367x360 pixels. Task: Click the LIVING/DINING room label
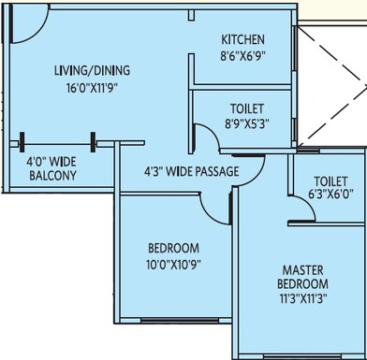[x=91, y=70]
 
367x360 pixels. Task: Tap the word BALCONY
[x=51, y=176]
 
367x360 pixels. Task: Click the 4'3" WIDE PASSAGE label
[x=191, y=171]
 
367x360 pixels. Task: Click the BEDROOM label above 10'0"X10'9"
[x=174, y=248]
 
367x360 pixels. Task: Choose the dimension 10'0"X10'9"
[x=174, y=264]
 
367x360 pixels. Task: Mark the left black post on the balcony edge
[x=20, y=143]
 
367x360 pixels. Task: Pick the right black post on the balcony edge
[x=92, y=143]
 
